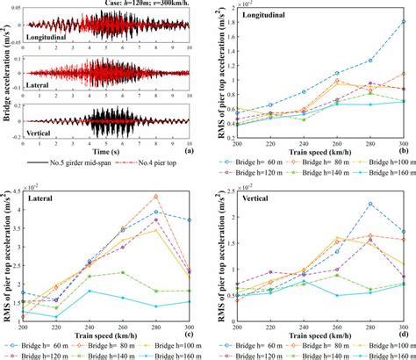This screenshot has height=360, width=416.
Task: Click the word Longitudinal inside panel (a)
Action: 52,38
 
